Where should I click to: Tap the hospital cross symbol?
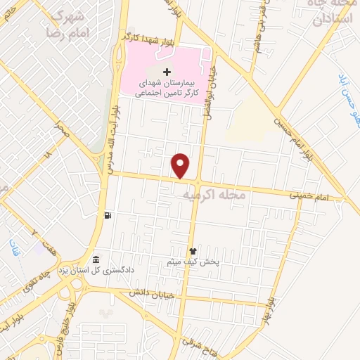click(x=167, y=72)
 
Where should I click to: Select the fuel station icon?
click(x=107, y=215)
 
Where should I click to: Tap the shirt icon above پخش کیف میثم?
click(x=193, y=251)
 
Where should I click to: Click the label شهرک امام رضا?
click(x=69, y=24)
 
